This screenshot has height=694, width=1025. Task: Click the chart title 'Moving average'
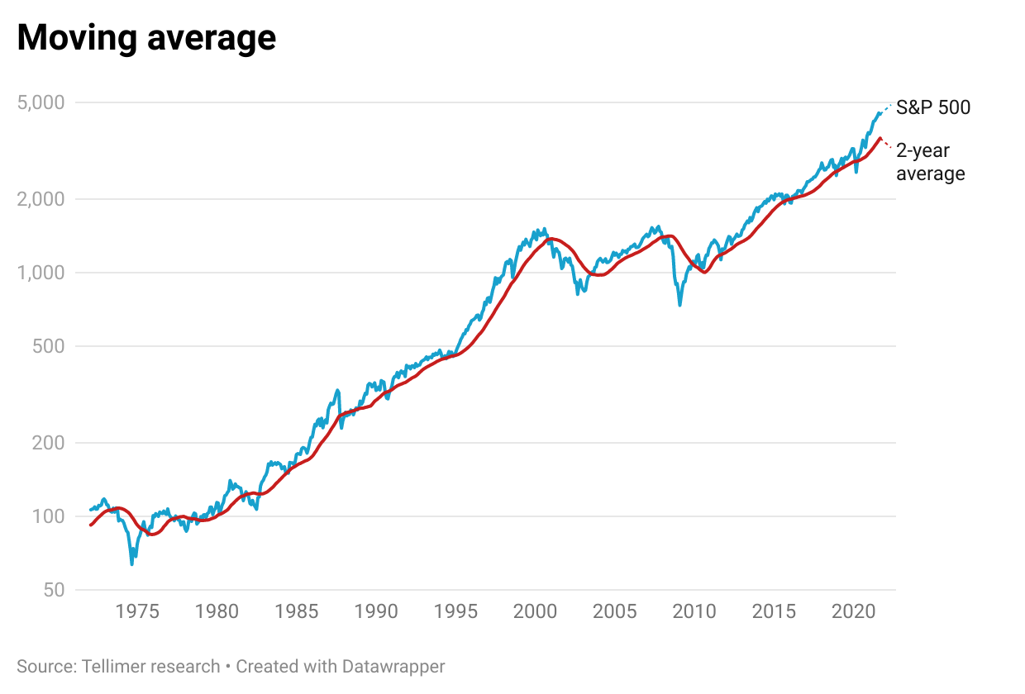pyautogui.click(x=146, y=38)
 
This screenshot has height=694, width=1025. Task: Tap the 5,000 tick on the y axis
pyautogui.click(x=41, y=103)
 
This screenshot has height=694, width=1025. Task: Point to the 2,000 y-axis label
pyautogui.click(x=41, y=199)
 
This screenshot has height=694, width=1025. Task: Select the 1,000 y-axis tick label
pyautogui.click(x=41, y=273)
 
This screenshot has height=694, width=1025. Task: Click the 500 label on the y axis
pyautogui.click(x=48, y=346)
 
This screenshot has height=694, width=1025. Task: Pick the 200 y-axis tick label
pyautogui.click(x=48, y=443)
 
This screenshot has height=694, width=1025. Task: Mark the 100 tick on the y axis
pyautogui.click(x=48, y=516)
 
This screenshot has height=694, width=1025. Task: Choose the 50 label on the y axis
pyautogui.click(x=53, y=590)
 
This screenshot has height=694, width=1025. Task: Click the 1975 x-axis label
pyautogui.click(x=137, y=612)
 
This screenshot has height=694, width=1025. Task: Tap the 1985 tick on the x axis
pyautogui.click(x=297, y=612)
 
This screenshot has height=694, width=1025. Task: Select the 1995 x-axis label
pyautogui.click(x=456, y=612)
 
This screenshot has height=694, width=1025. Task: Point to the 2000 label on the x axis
pyautogui.click(x=536, y=612)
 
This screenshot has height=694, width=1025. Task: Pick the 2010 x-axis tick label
pyautogui.click(x=695, y=612)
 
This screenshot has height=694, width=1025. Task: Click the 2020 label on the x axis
pyautogui.click(x=854, y=612)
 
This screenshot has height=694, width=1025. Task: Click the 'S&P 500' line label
pyautogui.click(x=933, y=107)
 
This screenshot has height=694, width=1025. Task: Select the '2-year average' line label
pyautogui.click(x=930, y=162)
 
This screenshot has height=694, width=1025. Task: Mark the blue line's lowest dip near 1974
pyautogui.click(x=132, y=563)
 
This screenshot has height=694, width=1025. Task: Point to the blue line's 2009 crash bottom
pyautogui.click(x=679, y=305)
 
